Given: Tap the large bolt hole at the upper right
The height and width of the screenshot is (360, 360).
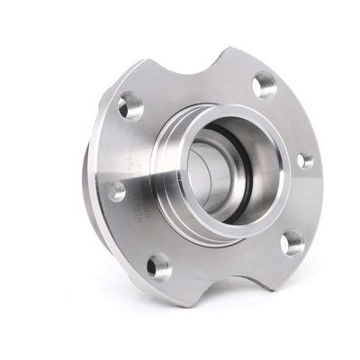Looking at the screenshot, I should (265, 86).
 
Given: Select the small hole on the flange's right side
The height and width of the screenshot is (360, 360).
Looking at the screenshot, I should (305, 161).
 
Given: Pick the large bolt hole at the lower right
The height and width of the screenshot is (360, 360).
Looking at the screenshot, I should (292, 241).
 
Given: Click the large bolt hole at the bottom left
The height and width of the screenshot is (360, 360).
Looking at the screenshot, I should (158, 265).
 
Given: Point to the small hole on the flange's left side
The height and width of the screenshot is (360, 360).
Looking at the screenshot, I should (116, 191).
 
